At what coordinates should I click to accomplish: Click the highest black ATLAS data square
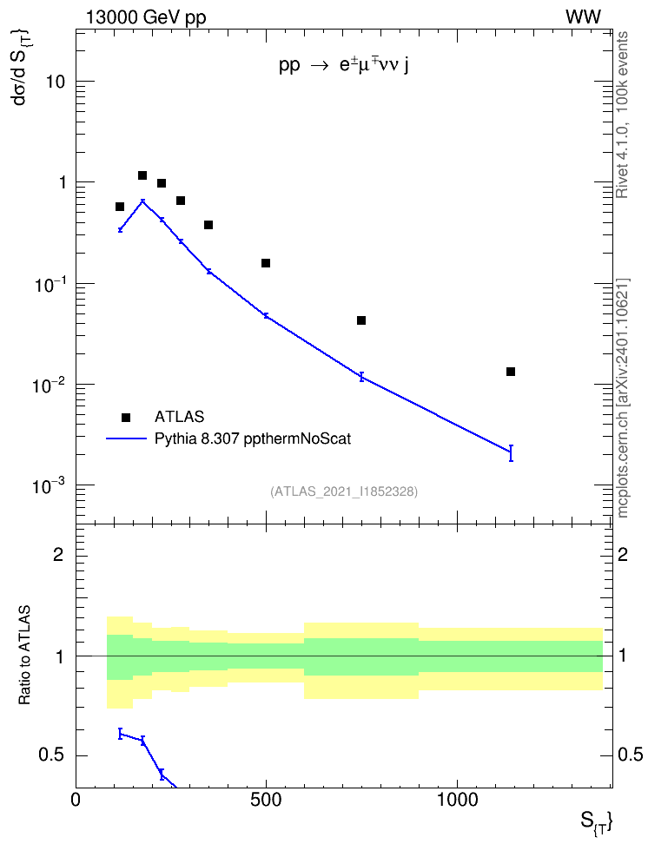[x=142, y=175]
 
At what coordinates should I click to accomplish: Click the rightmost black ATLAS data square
[x=511, y=372]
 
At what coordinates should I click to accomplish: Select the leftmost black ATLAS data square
[x=120, y=207]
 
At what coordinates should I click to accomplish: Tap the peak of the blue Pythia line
[x=142, y=201]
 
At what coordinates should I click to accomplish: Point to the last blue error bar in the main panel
[x=511, y=453]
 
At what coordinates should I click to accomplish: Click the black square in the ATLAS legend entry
[x=126, y=417]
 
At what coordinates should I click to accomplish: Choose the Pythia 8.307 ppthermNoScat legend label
[x=253, y=438]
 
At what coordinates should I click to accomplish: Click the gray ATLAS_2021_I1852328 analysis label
[x=344, y=491]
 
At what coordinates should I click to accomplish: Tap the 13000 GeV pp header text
[x=146, y=17]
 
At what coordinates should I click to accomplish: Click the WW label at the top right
[x=584, y=17]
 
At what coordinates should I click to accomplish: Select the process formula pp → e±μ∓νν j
[x=344, y=65]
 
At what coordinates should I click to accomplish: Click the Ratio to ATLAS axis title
[x=24, y=655]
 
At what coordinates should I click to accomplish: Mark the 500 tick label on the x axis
[x=266, y=800]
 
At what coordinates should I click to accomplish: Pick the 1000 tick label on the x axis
[x=457, y=800]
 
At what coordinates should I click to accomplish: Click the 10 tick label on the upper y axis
[x=55, y=82]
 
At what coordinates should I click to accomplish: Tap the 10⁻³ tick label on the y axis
[x=48, y=485]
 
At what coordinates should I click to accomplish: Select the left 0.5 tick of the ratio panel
[x=51, y=755]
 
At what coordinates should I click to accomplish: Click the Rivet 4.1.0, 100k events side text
[x=622, y=115]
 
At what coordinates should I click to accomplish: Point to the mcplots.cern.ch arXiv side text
[x=623, y=399]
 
